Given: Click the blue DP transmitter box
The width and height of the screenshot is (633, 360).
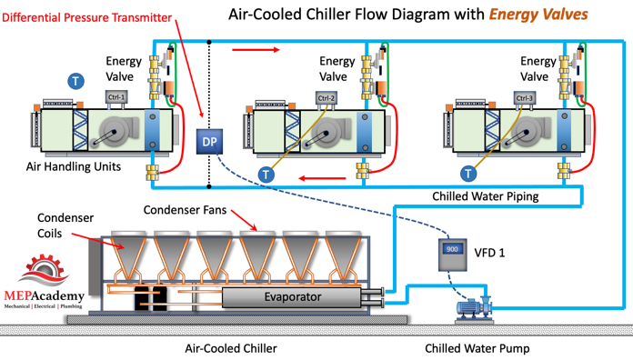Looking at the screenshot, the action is point(209,142).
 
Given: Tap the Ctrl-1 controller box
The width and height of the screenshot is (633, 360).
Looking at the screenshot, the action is point(116,97).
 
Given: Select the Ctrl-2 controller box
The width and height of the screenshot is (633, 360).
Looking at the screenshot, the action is point(327,98).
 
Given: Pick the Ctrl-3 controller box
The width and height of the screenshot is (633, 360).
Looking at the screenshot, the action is point(525,98).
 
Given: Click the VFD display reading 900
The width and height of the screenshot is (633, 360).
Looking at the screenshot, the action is point(452,249).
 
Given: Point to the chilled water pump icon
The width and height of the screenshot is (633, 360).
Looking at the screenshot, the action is point(475,308).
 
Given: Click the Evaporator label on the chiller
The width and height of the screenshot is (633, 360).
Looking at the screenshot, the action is point(293,297).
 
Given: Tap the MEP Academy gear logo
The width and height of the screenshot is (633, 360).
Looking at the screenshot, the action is point(44,270).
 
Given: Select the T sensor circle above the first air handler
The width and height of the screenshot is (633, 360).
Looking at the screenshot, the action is point(75,81).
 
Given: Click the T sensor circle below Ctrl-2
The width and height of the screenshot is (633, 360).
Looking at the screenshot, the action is point(266,175).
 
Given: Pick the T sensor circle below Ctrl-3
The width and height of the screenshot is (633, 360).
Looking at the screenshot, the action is point(468,174).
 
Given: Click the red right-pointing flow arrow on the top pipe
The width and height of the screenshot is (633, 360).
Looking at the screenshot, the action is point(256,50).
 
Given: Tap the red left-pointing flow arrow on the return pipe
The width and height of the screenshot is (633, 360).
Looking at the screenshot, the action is point(322,178).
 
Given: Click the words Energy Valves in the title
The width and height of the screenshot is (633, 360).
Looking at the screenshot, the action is point(538,15).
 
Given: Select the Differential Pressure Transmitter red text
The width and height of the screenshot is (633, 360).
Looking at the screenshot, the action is point(86,18).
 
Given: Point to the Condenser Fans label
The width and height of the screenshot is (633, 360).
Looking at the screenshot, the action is point(185,210).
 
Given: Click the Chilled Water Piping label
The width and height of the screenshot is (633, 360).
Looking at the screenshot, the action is point(486,196).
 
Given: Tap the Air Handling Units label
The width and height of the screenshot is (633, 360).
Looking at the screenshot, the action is point(74,166).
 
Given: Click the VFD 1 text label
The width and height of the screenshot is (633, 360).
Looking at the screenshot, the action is point(489,253).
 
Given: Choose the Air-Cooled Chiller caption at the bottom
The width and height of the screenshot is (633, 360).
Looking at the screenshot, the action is point(231,348).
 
